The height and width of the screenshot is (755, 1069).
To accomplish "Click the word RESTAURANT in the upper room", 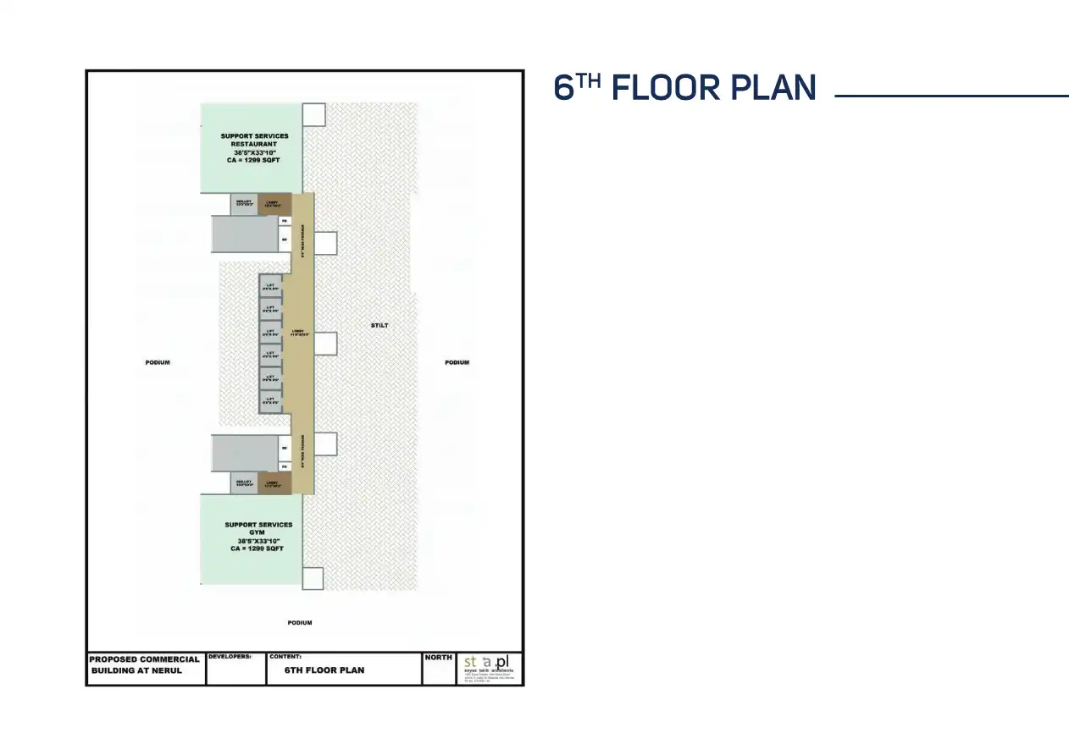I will pyautogui.click(x=254, y=144).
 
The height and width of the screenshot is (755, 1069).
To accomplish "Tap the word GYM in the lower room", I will pyautogui.click(x=258, y=532).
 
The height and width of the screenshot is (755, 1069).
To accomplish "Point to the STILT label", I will pyautogui.click(x=379, y=326).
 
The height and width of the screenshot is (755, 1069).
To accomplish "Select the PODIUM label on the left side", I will pyautogui.click(x=158, y=362).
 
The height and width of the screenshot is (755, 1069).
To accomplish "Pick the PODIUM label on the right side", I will pyautogui.click(x=457, y=362).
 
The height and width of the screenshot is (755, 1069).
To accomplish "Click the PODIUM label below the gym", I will pyautogui.click(x=299, y=623).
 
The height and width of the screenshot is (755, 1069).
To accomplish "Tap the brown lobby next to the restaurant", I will pyautogui.click(x=274, y=204).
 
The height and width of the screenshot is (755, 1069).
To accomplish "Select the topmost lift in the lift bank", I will pyautogui.click(x=270, y=286).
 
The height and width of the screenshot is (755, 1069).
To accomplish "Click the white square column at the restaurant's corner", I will pyautogui.click(x=313, y=114).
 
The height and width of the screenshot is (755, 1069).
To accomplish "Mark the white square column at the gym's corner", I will pyautogui.click(x=313, y=578).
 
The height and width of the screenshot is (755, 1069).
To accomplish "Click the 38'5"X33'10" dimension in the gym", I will pyautogui.click(x=258, y=541).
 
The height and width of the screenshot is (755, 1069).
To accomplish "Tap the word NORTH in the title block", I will pyautogui.click(x=438, y=658).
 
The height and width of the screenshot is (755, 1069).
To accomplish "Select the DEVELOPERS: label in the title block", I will pyautogui.click(x=230, y=657).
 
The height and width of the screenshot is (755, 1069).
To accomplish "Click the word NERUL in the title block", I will pyautogui.click(x=167, y=670).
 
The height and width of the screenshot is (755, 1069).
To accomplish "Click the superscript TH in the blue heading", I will pyautogui.click(x=590, y=80).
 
